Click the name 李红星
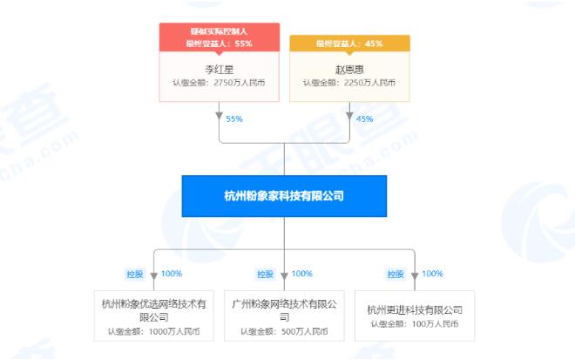click(220, 70)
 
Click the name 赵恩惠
click(349, 70)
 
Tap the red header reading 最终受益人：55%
click(220, 44)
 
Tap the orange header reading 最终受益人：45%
click(349, 44)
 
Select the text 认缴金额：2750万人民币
click(219, 83)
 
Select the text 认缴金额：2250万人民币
click(349, 83)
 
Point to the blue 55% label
click(234, 119)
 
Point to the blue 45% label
click(364, 119)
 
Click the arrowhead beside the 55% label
click(220, 116)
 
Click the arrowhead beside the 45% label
click(349, 116)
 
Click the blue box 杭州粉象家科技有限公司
click(284, 196)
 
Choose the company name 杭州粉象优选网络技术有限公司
click(154, 310)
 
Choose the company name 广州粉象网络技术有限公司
click(284, 310)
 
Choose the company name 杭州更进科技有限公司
click(415, 310)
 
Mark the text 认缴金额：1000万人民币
click(154, 331)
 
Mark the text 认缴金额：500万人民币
click(284, 331)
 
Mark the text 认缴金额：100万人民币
click(415, 323)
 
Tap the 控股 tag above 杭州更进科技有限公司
click(396, 274)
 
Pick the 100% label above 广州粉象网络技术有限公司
click(301, 274)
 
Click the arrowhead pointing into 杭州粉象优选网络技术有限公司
click(154, 276)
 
